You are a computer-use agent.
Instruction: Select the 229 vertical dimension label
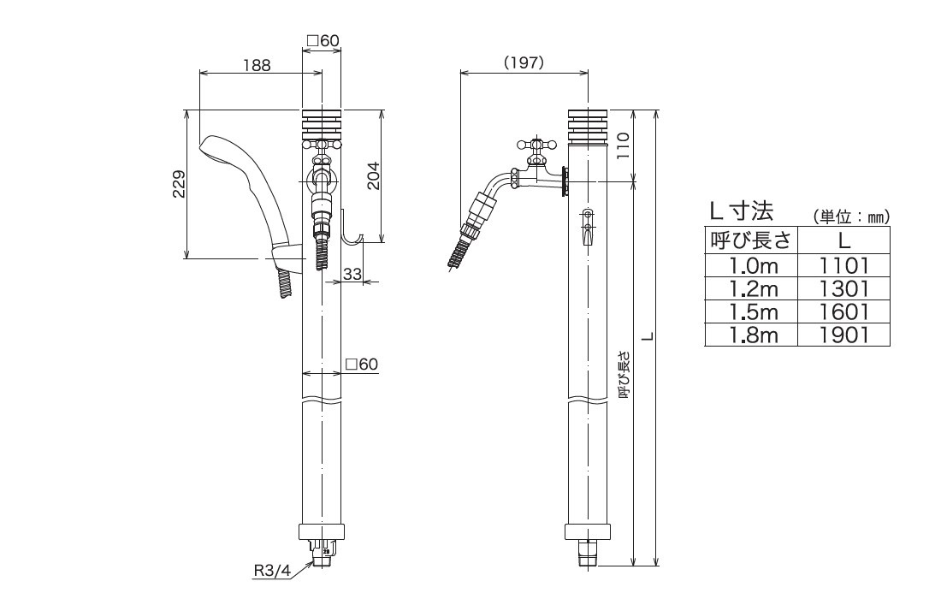point(178,184)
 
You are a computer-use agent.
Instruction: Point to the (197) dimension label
point(524,63)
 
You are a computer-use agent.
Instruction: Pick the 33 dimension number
point(352,274)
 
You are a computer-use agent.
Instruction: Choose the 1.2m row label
point(750,288)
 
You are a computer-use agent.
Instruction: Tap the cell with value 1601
point(843,311)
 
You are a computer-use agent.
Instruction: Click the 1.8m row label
point(750,335)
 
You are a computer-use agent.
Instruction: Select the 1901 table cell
point(843,335)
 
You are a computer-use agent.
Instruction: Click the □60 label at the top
point(323,40)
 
